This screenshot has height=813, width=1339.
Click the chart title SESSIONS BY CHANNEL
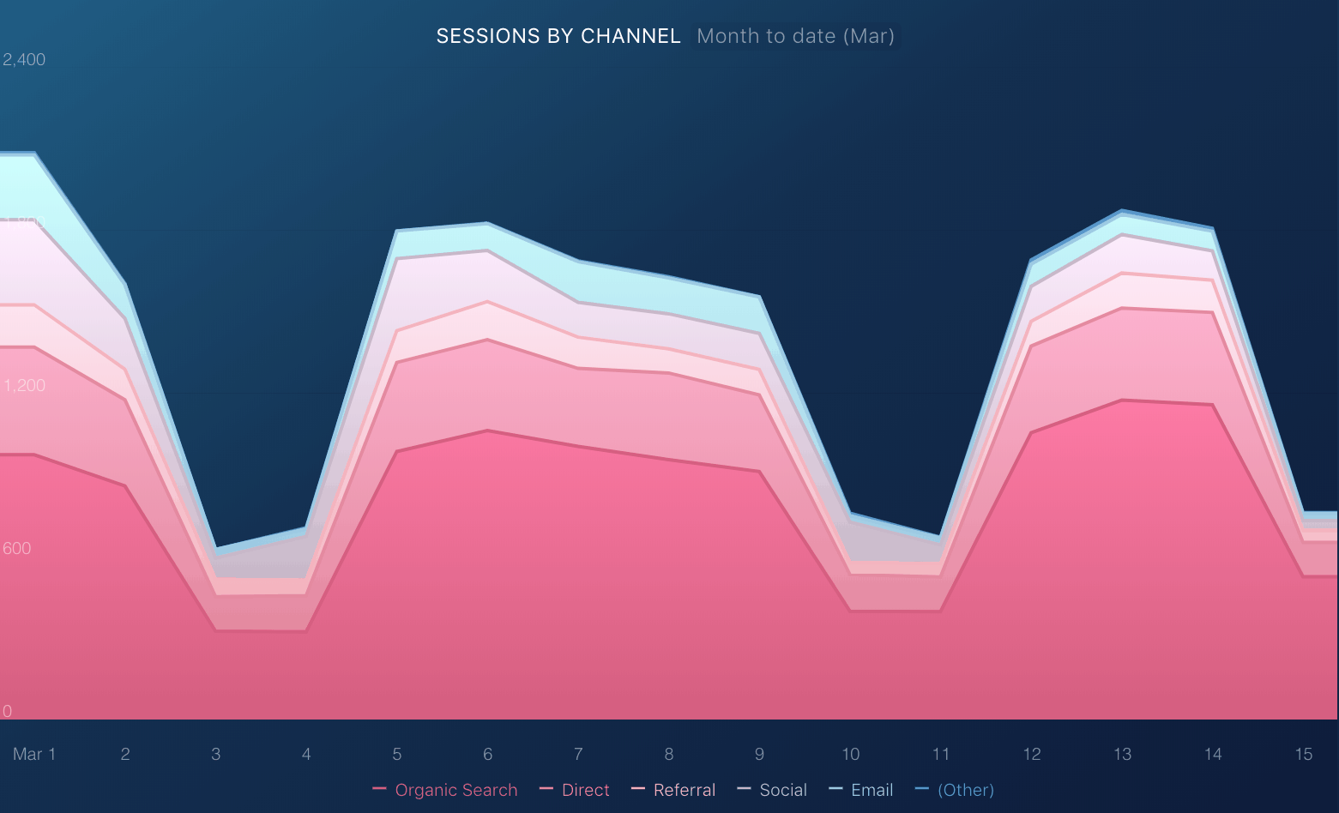pyautogui.click(x=558, y=36)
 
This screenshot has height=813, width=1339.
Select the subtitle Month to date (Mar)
pyautogui.click(x=795, y=36)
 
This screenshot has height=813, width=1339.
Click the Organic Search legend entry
pyautogui.click(x=446, y=790)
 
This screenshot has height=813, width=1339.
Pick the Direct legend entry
pyautogui.click(x=576, y=790)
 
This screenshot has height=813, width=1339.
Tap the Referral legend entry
pyautogui.click(x=674, y=790)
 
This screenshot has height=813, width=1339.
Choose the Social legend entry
pyautogui.click(x=773, y=790)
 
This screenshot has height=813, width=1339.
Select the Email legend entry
pyautogui.click(x=862, y=790)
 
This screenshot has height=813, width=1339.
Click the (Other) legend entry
pyautogui.click(x=956, y=790)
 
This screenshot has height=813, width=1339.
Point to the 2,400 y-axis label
pyautogui.click(x=24, y=59)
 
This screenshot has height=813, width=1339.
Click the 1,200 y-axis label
pyautogui.click(x=24, y=385)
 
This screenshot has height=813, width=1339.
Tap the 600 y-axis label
pyautogui.click(x=17, y=548)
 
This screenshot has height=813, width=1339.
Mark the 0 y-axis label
pyautogui.click(x=8, y=711)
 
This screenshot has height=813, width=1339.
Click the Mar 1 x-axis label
pyautogui.click(x=34, y=754)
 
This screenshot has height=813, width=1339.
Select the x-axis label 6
pyautogui.click(x=488, y=754)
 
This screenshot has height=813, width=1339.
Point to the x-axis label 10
pyautogui.click(x=850, y=754)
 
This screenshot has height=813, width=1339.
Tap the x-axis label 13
pyautogui.click(x=1122, y=754)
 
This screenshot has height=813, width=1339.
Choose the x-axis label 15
pyautogui.click(x=1304, y=754)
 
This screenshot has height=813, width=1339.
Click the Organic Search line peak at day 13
pyautogui.click(x=1122, y=400)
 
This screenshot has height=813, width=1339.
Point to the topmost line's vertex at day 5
pyautogui.click(x=397, y=231)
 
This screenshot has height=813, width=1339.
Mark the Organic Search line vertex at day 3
pyautogui.click(x=216, y=630)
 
